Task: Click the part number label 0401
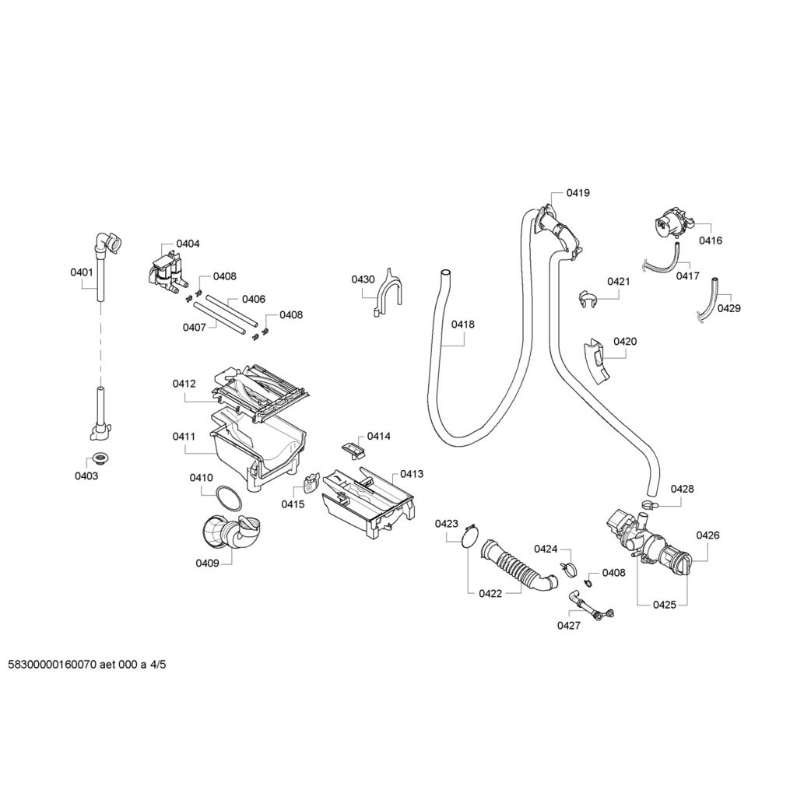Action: tap(82, 272)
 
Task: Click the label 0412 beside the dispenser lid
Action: tap(184, 384)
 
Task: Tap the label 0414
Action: tap(379, 437)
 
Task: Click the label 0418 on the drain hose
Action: tap(463, 325)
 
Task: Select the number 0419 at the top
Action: tap(578, 192)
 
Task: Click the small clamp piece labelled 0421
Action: tap(588, 297)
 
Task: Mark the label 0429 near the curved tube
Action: tap(729, 308)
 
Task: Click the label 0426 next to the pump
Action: tap(707, 535)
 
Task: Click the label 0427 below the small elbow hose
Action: tap(569, 626)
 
